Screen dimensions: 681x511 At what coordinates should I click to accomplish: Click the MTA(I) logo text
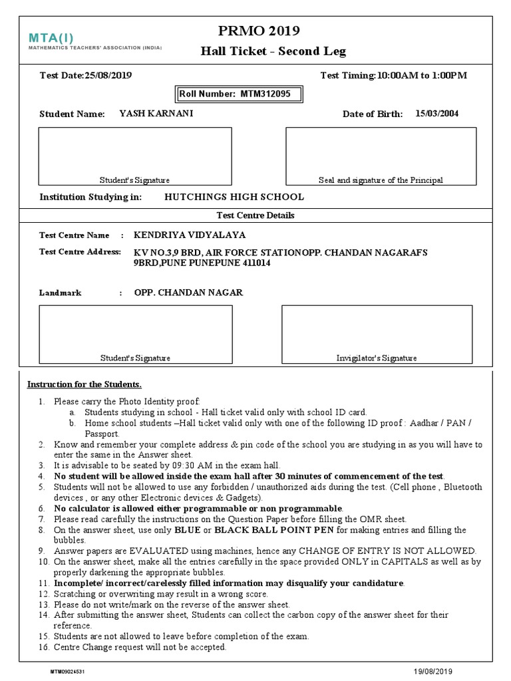pyautogui.click(x=56, y=37)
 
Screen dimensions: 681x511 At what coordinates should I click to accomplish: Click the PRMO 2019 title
pyautogui.click(x=259, y=31)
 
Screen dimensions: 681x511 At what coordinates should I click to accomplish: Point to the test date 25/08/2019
pyautogui.click(x=108, y=75)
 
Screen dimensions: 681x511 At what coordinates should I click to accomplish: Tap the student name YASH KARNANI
pyautogui.click(x=156, y=114)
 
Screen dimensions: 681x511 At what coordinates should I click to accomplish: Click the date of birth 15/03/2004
pyautogui.click(x=436, y=114)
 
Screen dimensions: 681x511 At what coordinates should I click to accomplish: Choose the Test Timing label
pyautogui.click(x=348, y=75)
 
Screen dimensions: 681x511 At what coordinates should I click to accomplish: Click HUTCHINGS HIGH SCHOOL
pyautogui.click(x=234, y=197)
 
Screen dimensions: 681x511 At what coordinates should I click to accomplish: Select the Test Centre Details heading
pyautogui.click(x=255, y=215)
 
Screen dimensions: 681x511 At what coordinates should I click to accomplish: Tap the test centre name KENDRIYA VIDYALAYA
pyautogui.click(x=190, y=235)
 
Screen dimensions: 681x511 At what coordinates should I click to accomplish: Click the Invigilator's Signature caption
pyautogui.click(x=377, y=358)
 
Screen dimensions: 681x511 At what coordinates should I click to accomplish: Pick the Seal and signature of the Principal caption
pyautogui.click(x=381, y=180)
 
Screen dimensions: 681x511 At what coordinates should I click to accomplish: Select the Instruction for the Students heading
pyautogui.click(x=84, y=384)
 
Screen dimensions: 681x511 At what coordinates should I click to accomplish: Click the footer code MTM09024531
pyautogui.click(x=67, y=672)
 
